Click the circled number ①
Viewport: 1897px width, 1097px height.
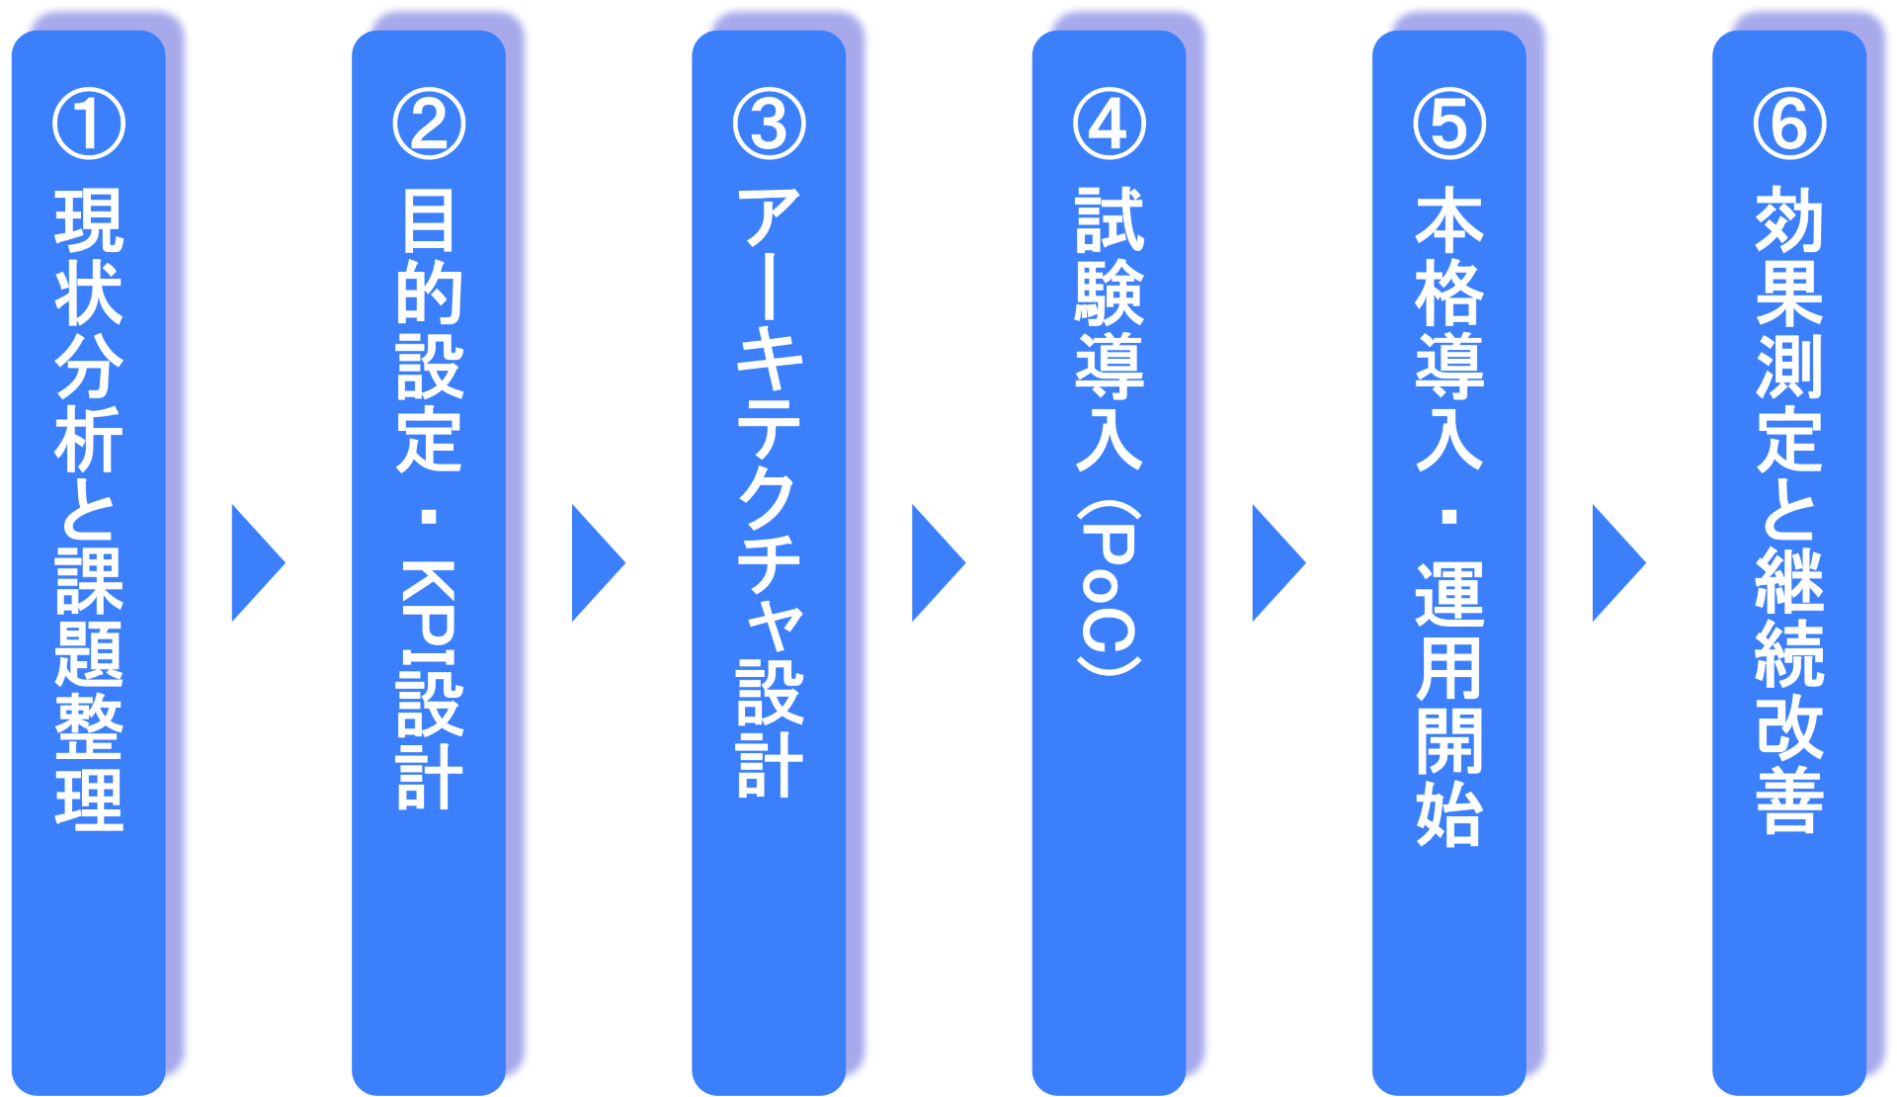coord(89,125)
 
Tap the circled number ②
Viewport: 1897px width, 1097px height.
coord(429,125)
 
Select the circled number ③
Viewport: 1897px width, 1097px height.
coord(769,125)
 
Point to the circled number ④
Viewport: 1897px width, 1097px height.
coord(1109,125)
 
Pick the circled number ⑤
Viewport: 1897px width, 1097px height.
coord(1448,125)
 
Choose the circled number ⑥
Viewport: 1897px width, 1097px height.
coord(1789,125)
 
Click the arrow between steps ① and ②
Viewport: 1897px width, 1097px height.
coord(256,563)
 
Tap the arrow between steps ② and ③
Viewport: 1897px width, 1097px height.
coord(596,563)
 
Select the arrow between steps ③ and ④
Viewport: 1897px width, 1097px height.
coord(936,563)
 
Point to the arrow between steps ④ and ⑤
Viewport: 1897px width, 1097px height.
coord(1277,563)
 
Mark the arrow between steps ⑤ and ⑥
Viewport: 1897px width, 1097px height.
coord(1616,563)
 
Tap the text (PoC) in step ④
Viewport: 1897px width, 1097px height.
coord(1109,588)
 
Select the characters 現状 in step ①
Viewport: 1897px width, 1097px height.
coord(89,257)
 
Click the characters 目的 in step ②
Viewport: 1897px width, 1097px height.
coord(429,257)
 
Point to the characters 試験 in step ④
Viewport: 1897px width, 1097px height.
coord(1109,257)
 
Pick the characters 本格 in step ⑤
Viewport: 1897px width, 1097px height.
coord(1448,257)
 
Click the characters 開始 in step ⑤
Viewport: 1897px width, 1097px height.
coord(1448,776)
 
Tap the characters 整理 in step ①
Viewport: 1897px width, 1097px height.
coord(89,761)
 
